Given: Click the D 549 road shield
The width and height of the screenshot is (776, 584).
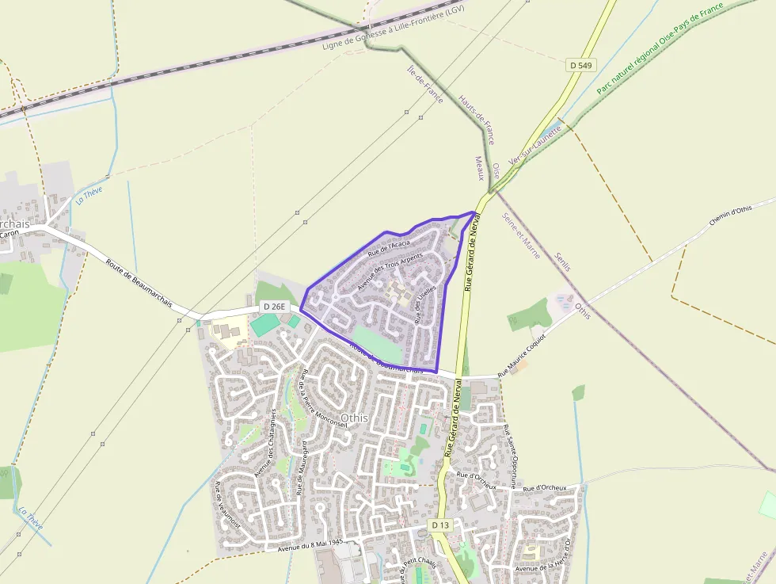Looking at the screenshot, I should [581, 65].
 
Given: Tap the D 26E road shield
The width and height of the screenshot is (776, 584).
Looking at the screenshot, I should [274, 307].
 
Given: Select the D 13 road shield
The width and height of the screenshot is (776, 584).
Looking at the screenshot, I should [440, 525].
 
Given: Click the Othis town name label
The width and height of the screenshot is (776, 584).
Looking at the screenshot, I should [354, 417].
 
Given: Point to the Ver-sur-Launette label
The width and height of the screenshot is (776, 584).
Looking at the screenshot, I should [535, 143].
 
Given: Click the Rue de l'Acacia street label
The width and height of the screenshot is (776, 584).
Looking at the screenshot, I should [389, 247].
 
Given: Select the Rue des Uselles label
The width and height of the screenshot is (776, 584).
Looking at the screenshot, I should [425, 303].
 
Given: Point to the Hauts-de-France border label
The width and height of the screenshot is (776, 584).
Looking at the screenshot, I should [477, 119].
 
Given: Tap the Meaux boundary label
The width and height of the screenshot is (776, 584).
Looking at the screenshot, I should [479, 167].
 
